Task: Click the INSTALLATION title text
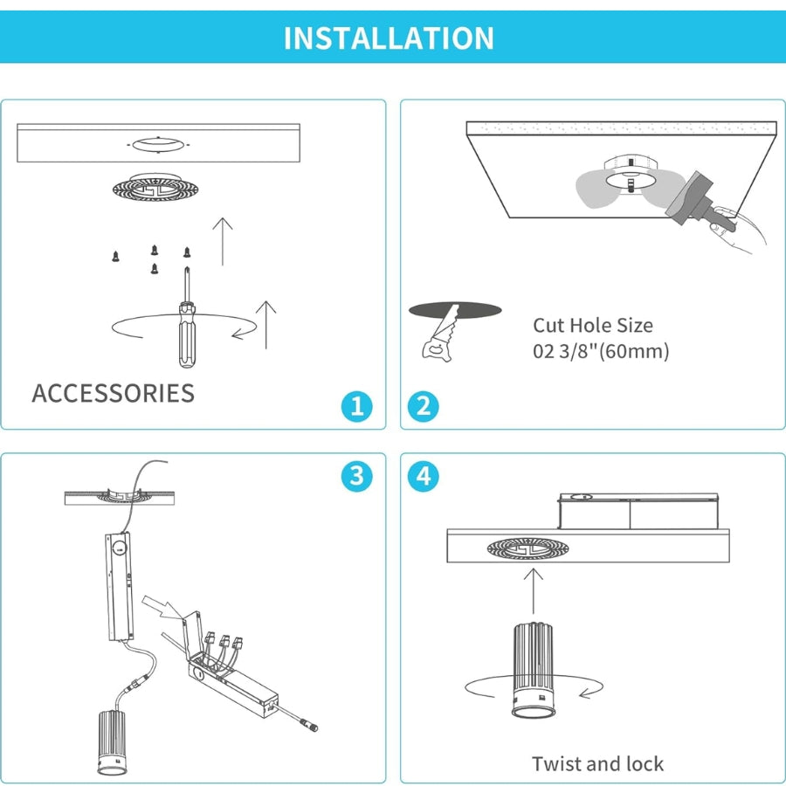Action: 389,38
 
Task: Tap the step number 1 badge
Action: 356,406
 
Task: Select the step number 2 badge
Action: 424,406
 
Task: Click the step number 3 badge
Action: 356,476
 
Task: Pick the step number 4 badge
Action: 424,476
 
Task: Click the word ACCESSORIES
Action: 114,393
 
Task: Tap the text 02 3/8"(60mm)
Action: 601,352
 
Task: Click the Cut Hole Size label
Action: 593,326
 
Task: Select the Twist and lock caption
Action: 597,764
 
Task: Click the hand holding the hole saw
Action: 738,231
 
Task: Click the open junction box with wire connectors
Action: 231,668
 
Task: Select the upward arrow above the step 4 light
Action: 534,589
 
